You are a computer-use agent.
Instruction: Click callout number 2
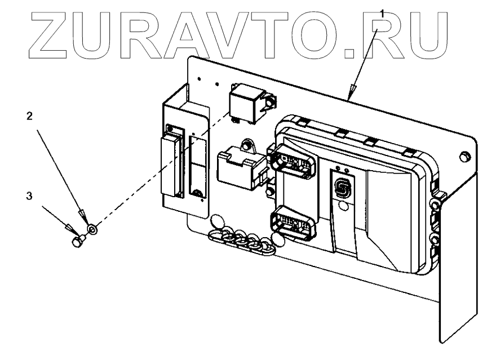click(x=29, y=117)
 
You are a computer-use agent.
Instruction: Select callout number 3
click(x=29, y=198)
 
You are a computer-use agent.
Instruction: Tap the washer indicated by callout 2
click(x=92, y=229)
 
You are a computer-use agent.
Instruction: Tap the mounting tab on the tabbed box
click(x=246, y=147)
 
